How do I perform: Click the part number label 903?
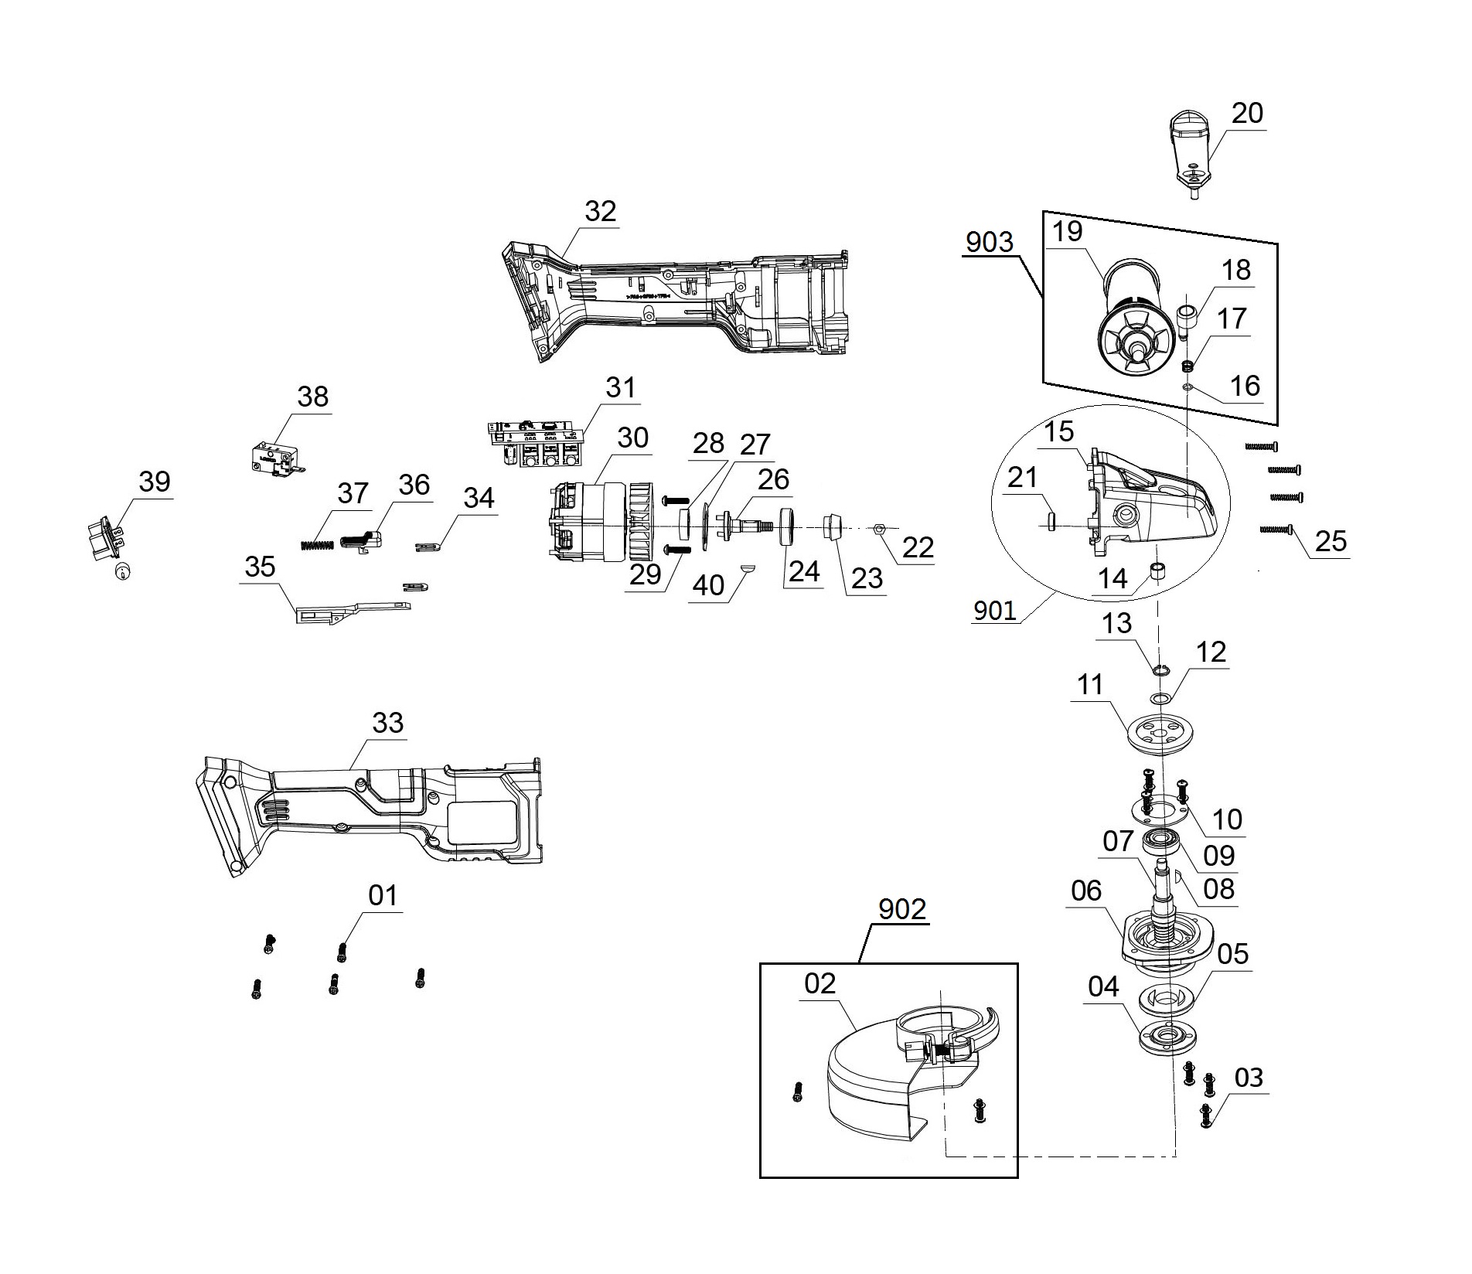click(x=989, y=242)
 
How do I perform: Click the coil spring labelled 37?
click(x=316, y=545)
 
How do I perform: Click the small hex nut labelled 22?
click(x=879, y=530)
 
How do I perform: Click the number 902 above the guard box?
click(x=901, y=909)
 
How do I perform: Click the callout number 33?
click(x=387, y=723)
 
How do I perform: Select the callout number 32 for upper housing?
click(x=600, y=211)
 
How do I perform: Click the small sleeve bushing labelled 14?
click(x=1157, y=573)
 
